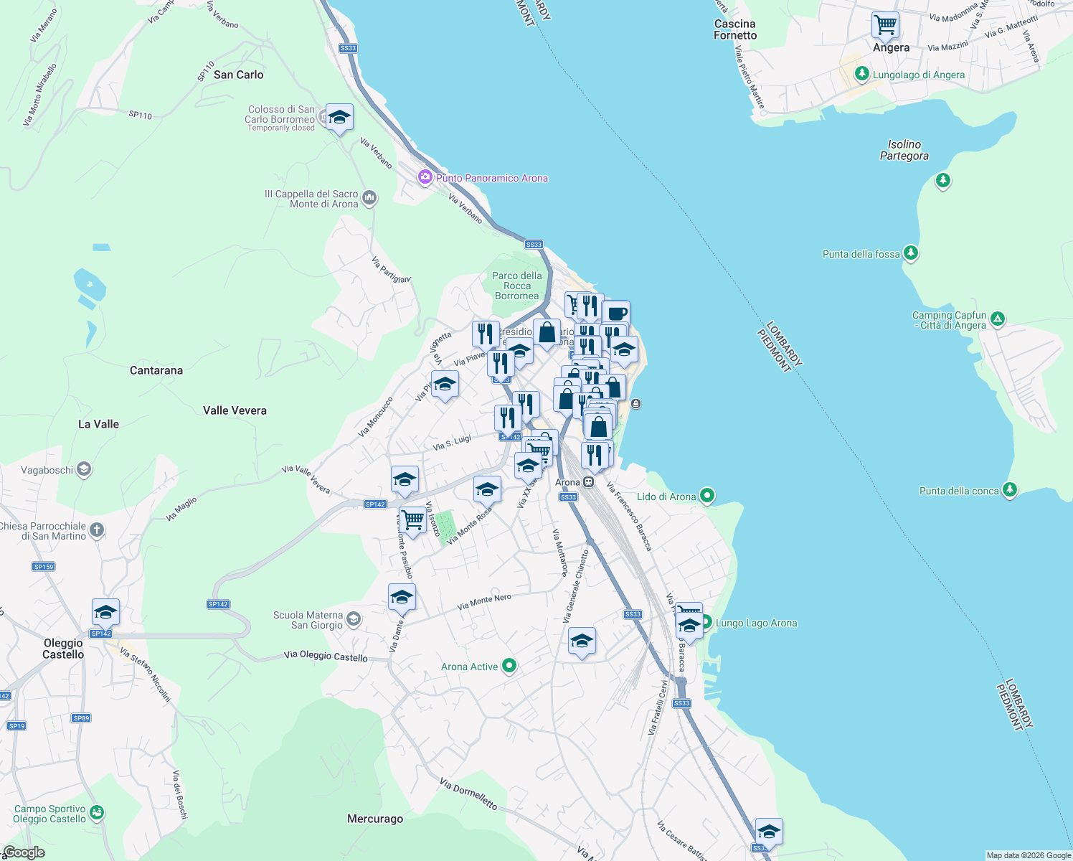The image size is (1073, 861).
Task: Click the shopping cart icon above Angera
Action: (x=886, y=25)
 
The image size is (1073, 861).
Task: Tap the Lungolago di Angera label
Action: (x=918, y=75)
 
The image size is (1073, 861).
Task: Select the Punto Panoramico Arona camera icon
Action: (x=425, y=177)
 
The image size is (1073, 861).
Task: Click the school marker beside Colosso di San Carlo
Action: (x=339, y=117)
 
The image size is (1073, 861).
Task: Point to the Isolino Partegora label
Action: (x=904, y=150)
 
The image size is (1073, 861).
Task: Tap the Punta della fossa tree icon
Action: (x=911, y=253)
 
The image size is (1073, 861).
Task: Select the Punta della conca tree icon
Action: (x=1010, y=490)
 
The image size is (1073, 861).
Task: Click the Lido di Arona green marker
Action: (x=707, y=495)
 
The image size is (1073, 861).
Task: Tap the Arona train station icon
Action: (x=588, y=482)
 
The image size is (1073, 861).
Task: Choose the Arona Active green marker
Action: (x=509, y=666)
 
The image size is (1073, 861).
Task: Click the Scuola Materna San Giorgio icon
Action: (x=354, y=618)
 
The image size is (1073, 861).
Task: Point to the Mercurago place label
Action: (x=375, y=819)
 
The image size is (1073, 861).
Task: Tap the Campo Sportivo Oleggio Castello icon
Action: (x=97, y=813)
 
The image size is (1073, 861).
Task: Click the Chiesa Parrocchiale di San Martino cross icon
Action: (x=97, y=530)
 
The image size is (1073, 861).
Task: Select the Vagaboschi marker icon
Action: (x=84, y=470)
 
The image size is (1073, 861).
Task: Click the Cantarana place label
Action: (x=156, y=370)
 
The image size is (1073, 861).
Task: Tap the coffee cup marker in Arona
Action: (x=616, y=314)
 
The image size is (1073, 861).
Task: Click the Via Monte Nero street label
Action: (x=484, y=603)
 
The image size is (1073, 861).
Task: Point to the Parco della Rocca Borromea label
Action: (x=517, y=286)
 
